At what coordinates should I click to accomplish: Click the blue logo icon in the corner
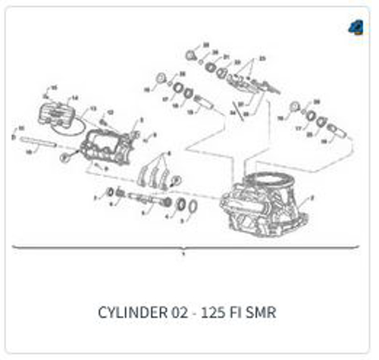[355, 27]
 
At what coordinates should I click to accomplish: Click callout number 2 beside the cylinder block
[310, 199]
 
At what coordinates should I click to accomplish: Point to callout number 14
[74, 98]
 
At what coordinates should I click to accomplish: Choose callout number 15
[54, 88]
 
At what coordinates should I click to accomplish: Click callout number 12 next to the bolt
[111, 112]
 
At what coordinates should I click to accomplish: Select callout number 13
[93, 109]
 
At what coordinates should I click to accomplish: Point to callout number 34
[232, 112]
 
